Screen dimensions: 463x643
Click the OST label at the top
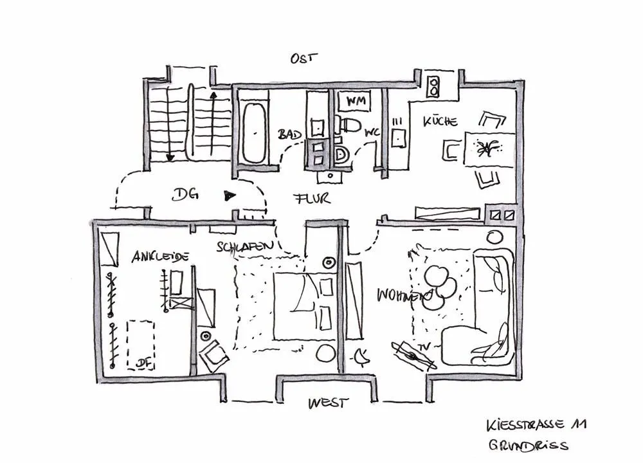(x=303, y=59)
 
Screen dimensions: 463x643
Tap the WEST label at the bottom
(x=328, y=403)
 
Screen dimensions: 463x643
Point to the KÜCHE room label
(x=440, y=121)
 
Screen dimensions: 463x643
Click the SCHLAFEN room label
(x=245, y=246)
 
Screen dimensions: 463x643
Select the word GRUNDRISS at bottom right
(x=528, y=446)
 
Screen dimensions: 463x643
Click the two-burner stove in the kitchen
(x=433, y=87)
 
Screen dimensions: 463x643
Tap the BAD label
(x=290, y=135)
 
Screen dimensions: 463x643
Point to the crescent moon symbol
(x=361, y=355)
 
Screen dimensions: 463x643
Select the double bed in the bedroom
(x=302, y=306)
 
